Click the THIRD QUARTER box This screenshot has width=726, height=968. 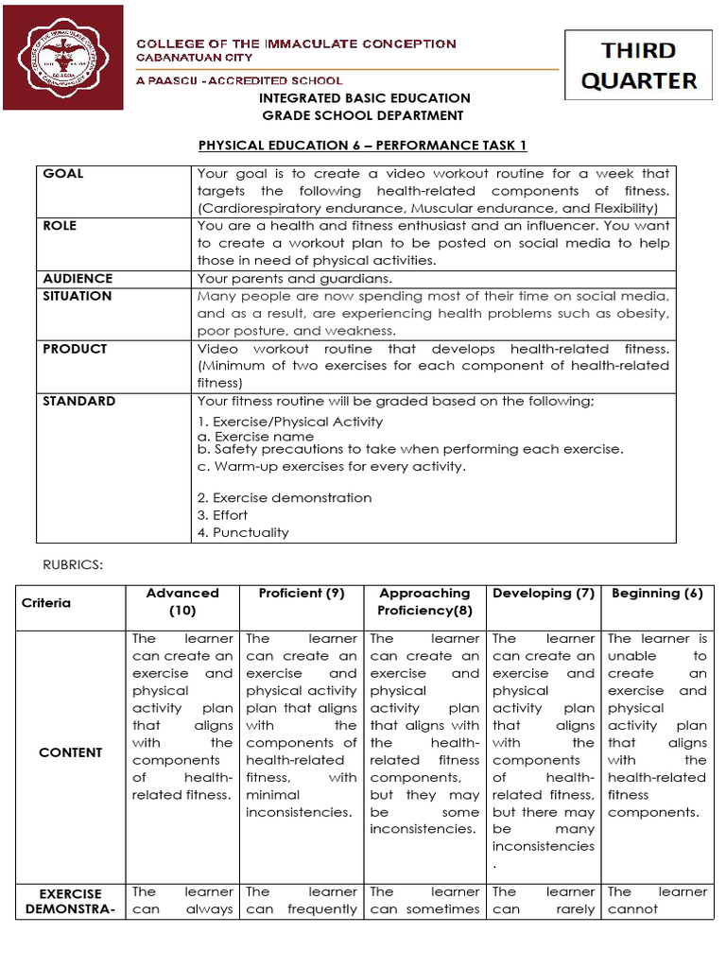pyautogui.click(x=639, y=64)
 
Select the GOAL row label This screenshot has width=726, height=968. pyautogui.click(x=63, y=174)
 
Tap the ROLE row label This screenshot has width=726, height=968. pyautogui.click(x=60, y=226)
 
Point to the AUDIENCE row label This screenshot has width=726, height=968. pyautogui.click(x=78, y=279)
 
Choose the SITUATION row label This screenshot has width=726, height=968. pyautogui.click(x=78, y=296)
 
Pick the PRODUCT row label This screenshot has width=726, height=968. pyautogui.click(x=75, y=349)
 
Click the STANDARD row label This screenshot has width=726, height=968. pyautogui.click(x=79, y=401)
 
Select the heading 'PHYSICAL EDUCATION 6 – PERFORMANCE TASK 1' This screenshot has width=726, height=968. pyautogui.click(x=362, y=145)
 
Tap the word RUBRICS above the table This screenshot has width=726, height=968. pyautogui.click(x=69, y=564)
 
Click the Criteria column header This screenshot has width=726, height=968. pyautogui.click(x=46, y=603)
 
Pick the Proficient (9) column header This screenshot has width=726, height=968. pyautogui.click(x=302, y=594)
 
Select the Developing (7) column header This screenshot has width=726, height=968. pyautogui.click(x=544, y=594)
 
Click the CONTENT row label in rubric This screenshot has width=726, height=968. pyautogui.click(x=71, y=752)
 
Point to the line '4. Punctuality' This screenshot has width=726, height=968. pyautogui.click(x=243, y=533)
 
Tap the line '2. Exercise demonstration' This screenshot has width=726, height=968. pyautogui.click(x=285, y=498)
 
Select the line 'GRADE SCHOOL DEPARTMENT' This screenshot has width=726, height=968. pyautogui.click(x=363, y=115)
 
